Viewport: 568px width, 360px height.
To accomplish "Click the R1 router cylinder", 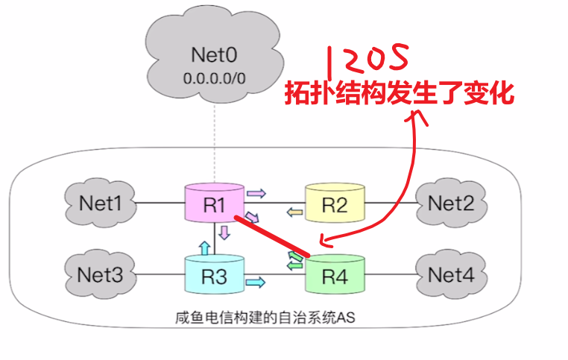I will point(214,202).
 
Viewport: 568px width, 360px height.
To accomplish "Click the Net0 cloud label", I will point(214,54).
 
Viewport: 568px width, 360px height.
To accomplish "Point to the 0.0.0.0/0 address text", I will point(214,77).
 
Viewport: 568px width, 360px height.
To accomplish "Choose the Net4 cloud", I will point(450,274).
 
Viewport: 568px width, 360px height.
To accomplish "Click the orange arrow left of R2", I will point(296,213).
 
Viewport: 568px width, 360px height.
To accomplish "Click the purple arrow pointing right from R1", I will point(256,193).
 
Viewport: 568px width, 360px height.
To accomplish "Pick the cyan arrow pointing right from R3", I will point(256,282).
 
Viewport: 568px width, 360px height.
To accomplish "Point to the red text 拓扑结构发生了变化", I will point(400,93).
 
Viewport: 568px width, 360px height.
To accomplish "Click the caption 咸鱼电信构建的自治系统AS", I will point(260,318).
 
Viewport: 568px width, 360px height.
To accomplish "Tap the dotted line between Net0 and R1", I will point(214,142).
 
